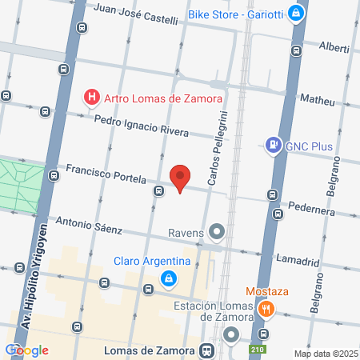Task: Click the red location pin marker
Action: pyautogui.click(x=180, y=177)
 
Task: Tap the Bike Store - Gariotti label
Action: pyautogui.click(x=237, y=14)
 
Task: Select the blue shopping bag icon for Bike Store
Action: pyautogui.click(x=296, y=14)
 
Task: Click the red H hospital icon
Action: pyautogui.click(x=93, y=98)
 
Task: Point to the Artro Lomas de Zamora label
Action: pyautogui.click(x=163, y=98)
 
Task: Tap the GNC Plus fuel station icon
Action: pyautogui.click(x=274, y=146)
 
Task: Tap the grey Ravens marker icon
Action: pyautogui.click(x=216, y=233)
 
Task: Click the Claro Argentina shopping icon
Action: pyautogui.click(x=169, y=278)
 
